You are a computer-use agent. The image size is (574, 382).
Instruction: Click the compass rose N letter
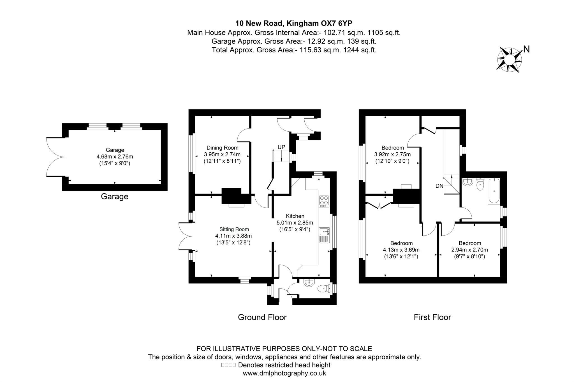click(x=526, y=49)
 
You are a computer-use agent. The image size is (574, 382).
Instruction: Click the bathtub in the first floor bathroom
click(x=494, y=191)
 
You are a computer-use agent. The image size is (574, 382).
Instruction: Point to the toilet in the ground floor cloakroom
click(x=323, y=288)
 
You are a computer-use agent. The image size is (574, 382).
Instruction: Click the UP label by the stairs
click(x=281, y=147)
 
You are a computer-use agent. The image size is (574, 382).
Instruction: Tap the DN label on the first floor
click(x=439, y=186)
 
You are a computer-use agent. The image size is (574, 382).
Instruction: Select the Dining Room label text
click(x=222, y=148)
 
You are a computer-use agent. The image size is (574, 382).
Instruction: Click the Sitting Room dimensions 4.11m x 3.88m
click(x=233, y=236)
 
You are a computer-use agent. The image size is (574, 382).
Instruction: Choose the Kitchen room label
click(x=295, y=216)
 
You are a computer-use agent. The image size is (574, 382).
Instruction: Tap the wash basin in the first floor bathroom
click(x=467, y=182)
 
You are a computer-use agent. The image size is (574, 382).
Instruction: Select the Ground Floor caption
click(x=262, y=317)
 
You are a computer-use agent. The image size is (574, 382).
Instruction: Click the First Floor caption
click(x=432, y=317)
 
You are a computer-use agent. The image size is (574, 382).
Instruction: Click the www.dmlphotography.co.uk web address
click(x=284, y=373)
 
